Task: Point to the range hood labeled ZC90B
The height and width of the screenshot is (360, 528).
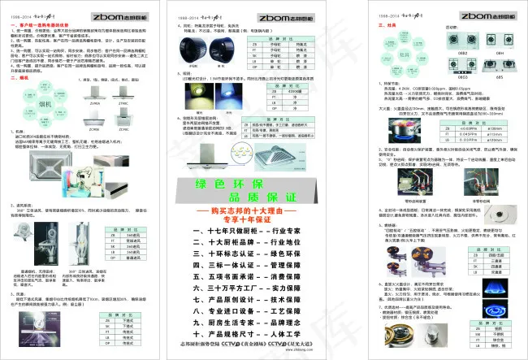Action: point(94,119)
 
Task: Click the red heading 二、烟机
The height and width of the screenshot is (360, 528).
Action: point(19,78)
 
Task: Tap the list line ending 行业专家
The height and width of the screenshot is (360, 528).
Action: point(262,231)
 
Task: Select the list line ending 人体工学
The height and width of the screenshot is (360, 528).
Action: point(262,333)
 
